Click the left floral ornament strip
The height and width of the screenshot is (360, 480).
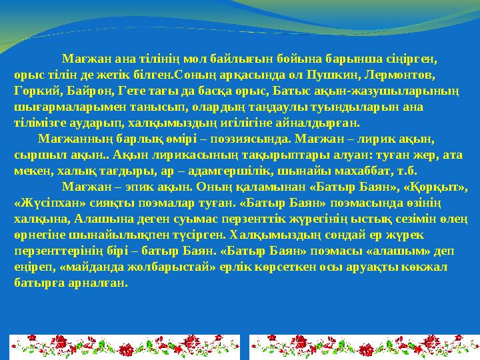[125, 347]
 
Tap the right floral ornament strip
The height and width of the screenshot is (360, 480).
[364, 347]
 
